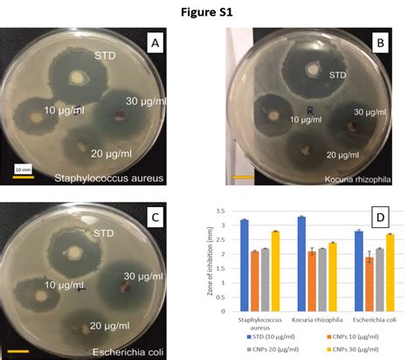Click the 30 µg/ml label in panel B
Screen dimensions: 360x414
371,112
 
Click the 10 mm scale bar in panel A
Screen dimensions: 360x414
22,171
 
